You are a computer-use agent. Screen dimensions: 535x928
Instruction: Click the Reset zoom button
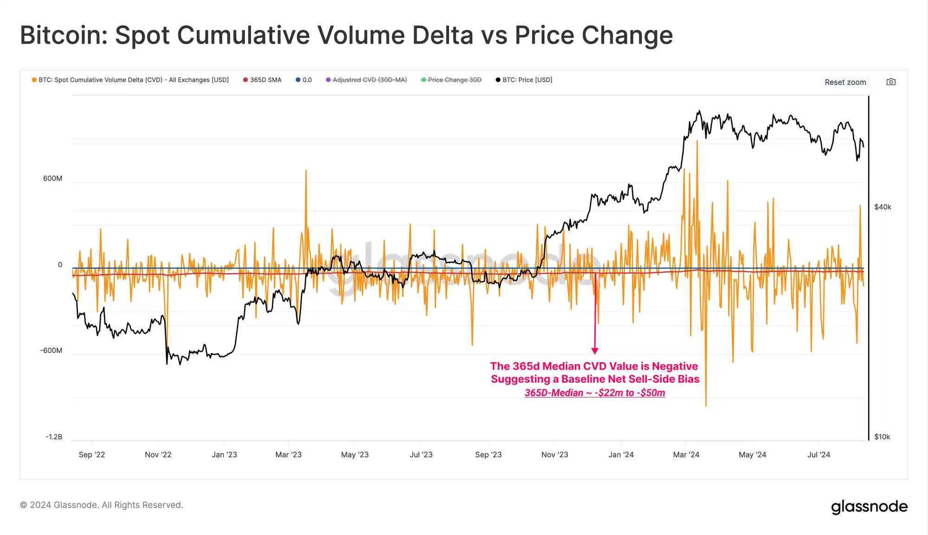click(845, 82)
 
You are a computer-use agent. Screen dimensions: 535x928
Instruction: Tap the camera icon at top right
click(891, 82)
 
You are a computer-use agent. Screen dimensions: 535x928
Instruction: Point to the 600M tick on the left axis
click(52, 179)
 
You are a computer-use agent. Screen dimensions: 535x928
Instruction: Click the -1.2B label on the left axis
click(54, 437)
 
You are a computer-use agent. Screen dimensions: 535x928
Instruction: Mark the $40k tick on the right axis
click(883, 207)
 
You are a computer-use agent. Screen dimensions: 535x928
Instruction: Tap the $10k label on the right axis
click(882, 437)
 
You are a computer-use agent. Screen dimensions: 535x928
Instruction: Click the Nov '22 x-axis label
click(158, 455)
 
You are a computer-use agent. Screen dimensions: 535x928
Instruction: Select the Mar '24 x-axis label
click(686, 455)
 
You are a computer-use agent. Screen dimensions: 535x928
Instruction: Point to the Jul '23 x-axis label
click(421, 455)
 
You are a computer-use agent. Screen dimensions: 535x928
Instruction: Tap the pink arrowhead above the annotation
click(595, 351)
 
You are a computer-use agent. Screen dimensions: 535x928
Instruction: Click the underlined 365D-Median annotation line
click(595, 393)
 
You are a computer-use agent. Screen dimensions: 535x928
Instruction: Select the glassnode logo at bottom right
click(869, 506)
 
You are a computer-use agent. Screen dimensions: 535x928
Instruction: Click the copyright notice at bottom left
click(102, 505)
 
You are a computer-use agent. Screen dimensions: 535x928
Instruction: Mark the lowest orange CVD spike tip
click(706, 406)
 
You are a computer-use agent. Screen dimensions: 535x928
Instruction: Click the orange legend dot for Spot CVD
click(34, 80)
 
